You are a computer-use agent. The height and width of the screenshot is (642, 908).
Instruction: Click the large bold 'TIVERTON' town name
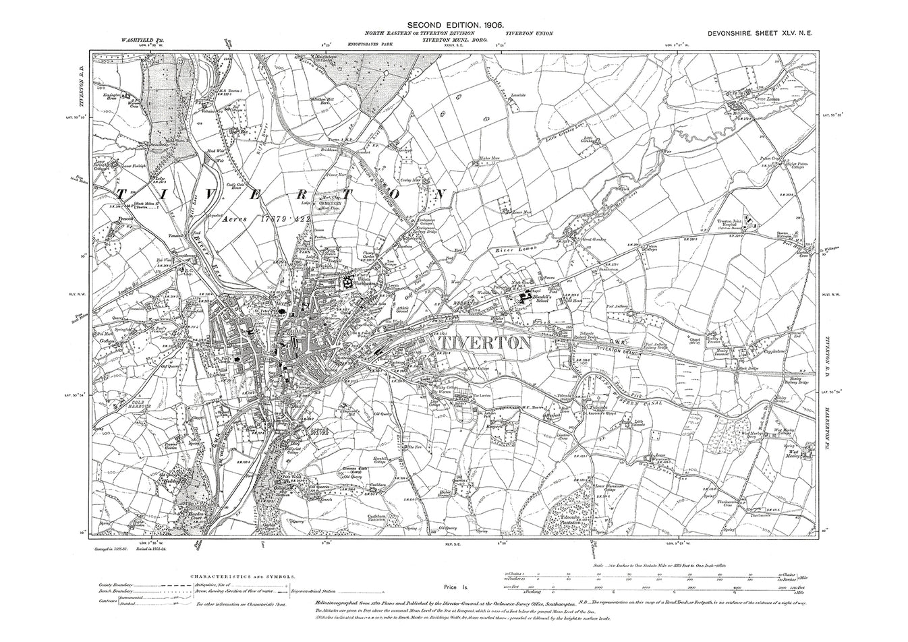[480, 343]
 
